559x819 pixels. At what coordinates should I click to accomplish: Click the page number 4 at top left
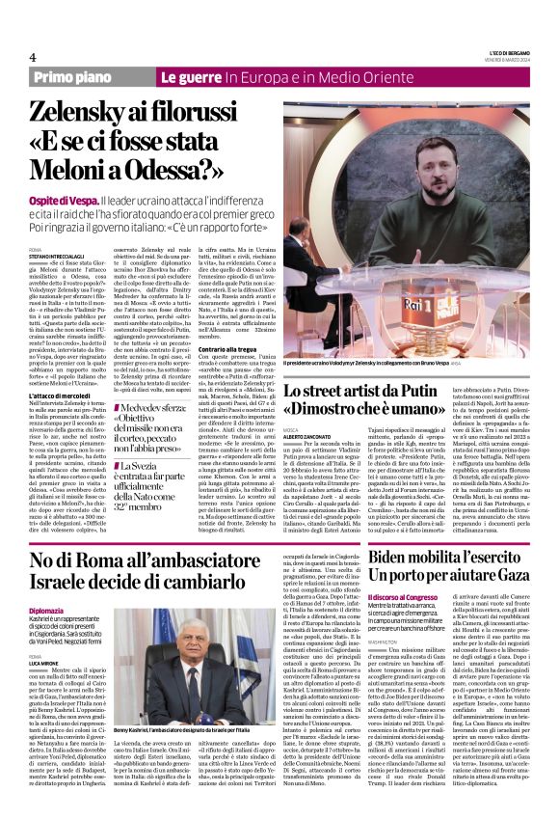pos(32,56)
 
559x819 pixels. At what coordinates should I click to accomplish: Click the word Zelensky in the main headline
pos(81,112)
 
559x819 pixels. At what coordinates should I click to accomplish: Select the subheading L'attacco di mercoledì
pos(67,397)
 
